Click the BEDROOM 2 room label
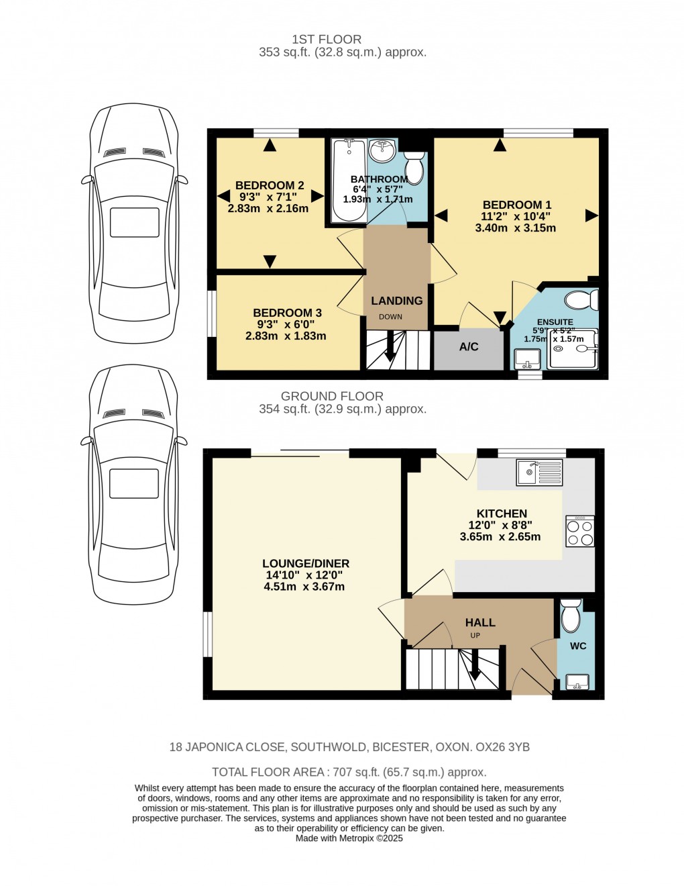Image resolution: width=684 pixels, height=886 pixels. [x=270, y=185]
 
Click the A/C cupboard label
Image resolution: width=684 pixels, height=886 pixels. [x=469, y=347]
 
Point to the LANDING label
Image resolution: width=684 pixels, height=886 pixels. [x=397, y=301]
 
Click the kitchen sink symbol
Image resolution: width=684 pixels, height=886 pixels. [x=539, y=473]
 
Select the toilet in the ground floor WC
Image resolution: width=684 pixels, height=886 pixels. [x=570, y=616]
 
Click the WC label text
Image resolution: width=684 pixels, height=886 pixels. [x=578, y=646]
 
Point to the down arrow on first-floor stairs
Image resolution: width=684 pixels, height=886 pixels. [x=390, y=352]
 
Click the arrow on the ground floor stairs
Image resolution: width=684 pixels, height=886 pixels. [x=475, y=668]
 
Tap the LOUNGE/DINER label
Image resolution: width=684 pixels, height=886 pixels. [x=306, y=564]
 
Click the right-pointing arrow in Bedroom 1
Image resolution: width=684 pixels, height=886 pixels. [x=591, y=215]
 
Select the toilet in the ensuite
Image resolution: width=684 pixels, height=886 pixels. [x=579, y=299]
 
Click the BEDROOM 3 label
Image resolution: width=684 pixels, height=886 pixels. [x=287, y=313]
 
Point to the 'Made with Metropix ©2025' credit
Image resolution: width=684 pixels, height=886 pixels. [x=349, y=838]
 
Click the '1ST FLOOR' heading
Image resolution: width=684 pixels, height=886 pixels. [x=327, y=40]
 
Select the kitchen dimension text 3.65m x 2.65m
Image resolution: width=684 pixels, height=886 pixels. [x=500, y=537]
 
